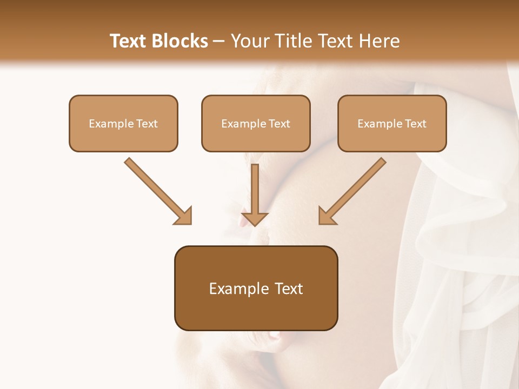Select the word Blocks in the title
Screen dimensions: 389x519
(181, 41)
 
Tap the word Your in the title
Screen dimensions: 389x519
(251, 41)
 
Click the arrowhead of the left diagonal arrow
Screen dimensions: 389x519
(184, 216)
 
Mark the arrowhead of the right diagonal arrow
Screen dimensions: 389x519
(327, 216)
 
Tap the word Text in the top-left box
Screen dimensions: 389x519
(147, 124)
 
